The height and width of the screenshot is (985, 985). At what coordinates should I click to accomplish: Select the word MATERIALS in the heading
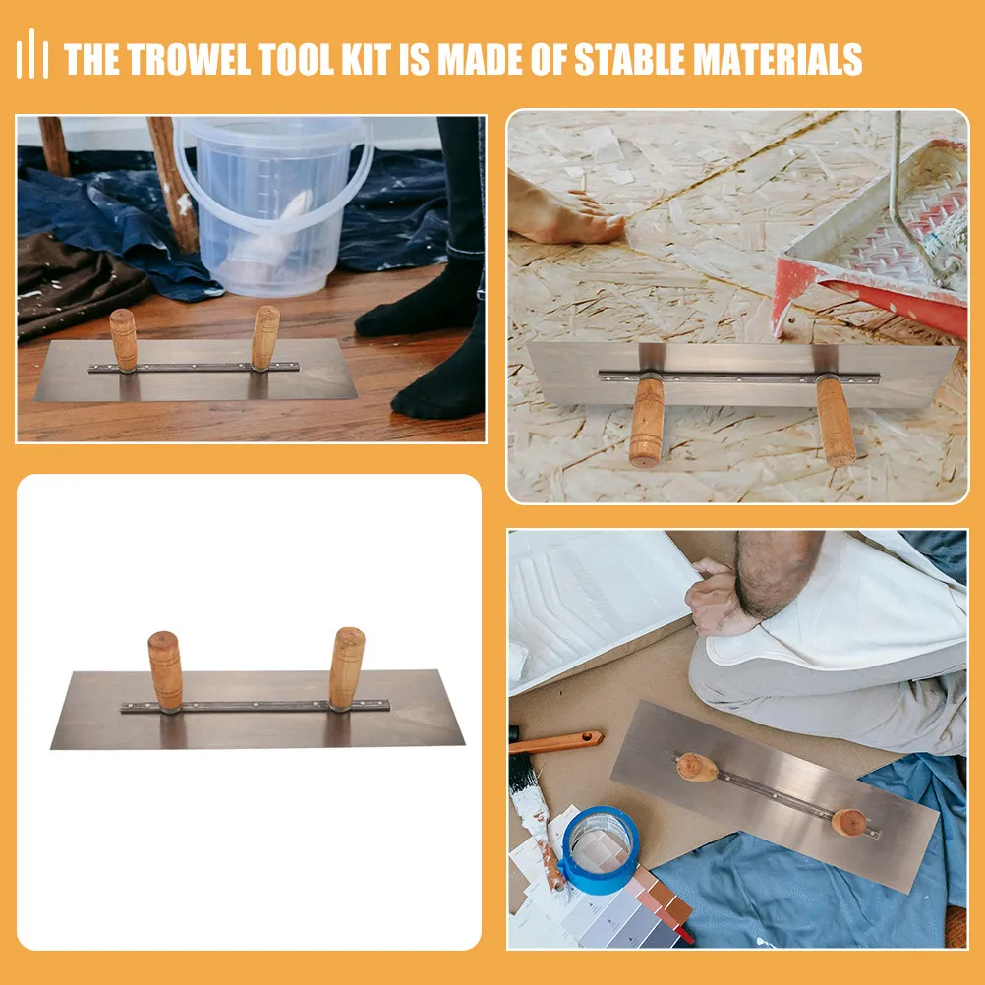click(x=777, y=60)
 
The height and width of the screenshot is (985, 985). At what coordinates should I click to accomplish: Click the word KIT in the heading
click(x=367, y=60)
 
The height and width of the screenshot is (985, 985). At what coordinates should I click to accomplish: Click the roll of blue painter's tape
click(x=600, y=849)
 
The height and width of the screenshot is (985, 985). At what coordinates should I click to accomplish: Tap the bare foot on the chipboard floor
click(x=562, y=212)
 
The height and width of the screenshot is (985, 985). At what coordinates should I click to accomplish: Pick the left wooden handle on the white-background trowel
click(x=165, y=670)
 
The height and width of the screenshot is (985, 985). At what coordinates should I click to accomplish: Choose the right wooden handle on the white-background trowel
click(x=347, y=668)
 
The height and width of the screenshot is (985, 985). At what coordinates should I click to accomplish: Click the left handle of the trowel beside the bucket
click(x=124, y=340)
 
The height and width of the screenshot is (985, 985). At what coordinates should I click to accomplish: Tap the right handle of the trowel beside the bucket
click(x=265, y=337)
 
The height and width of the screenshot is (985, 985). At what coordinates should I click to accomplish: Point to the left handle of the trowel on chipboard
click(x=647, y=421)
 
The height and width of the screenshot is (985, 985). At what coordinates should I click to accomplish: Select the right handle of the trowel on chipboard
click(x=836, y=421)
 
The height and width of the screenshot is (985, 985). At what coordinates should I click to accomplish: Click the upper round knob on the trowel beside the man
click(x=697, y=767)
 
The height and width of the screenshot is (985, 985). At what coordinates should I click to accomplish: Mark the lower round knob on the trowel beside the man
click(x=849, y=822)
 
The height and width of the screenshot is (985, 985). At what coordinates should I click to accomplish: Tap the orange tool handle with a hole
click(x=556, y=742)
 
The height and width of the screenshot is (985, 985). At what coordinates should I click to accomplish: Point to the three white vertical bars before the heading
click(x=32, y=54)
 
